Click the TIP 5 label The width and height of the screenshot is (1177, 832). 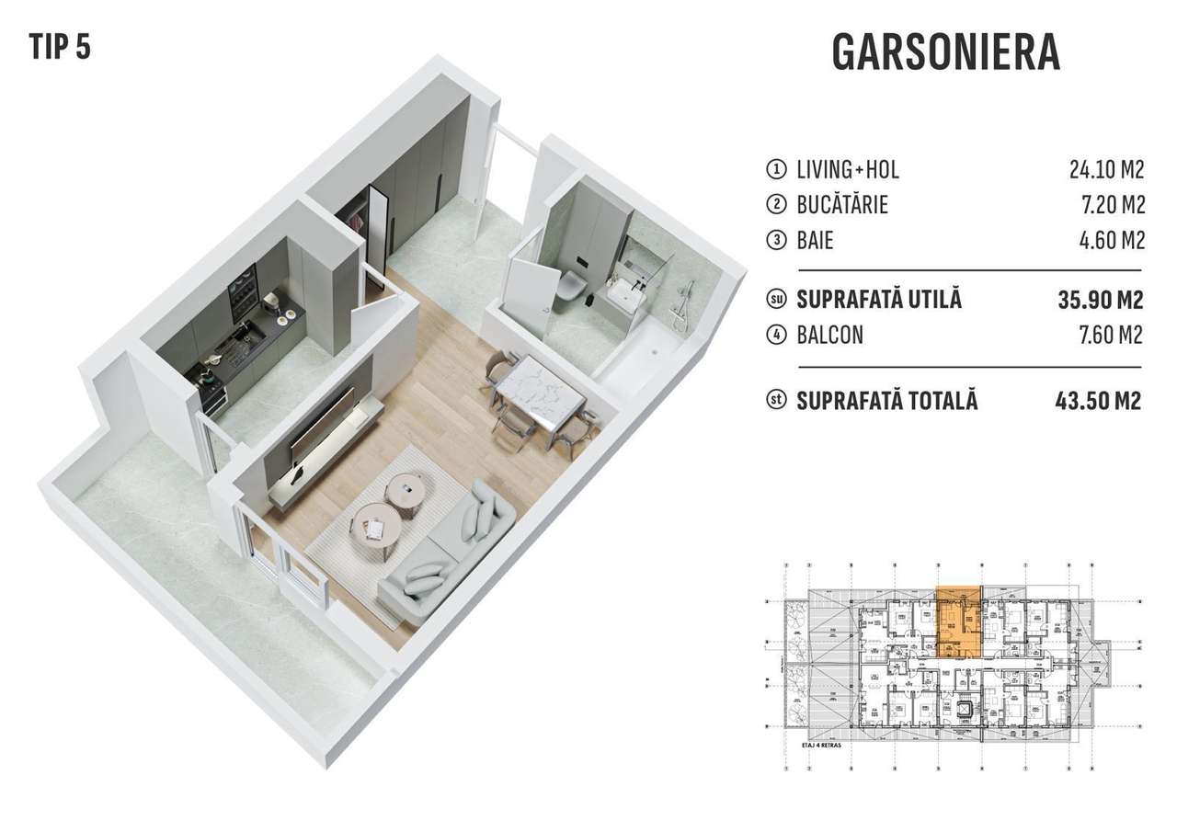(60, 46)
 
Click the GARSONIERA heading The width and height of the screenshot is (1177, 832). (945, 53)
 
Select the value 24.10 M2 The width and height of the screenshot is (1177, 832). (1106, 170)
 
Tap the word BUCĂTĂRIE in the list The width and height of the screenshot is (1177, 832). (843, 205)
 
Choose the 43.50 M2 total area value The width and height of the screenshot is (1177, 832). (1098, 402)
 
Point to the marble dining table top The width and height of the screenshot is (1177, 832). (543, 394)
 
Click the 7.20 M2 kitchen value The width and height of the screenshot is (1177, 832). (1112, 205)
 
